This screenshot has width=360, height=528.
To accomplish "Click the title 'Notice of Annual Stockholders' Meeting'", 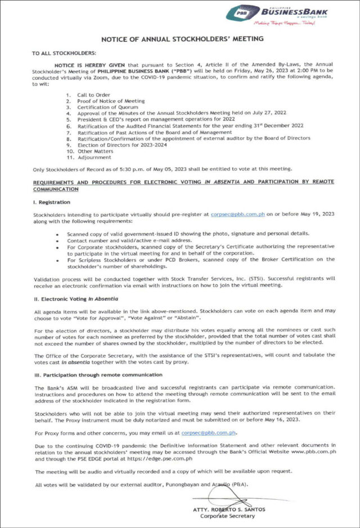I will [182, 39].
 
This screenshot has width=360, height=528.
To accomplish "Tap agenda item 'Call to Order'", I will [94, 95].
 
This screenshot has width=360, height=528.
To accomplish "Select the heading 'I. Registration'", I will [52, 202].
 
